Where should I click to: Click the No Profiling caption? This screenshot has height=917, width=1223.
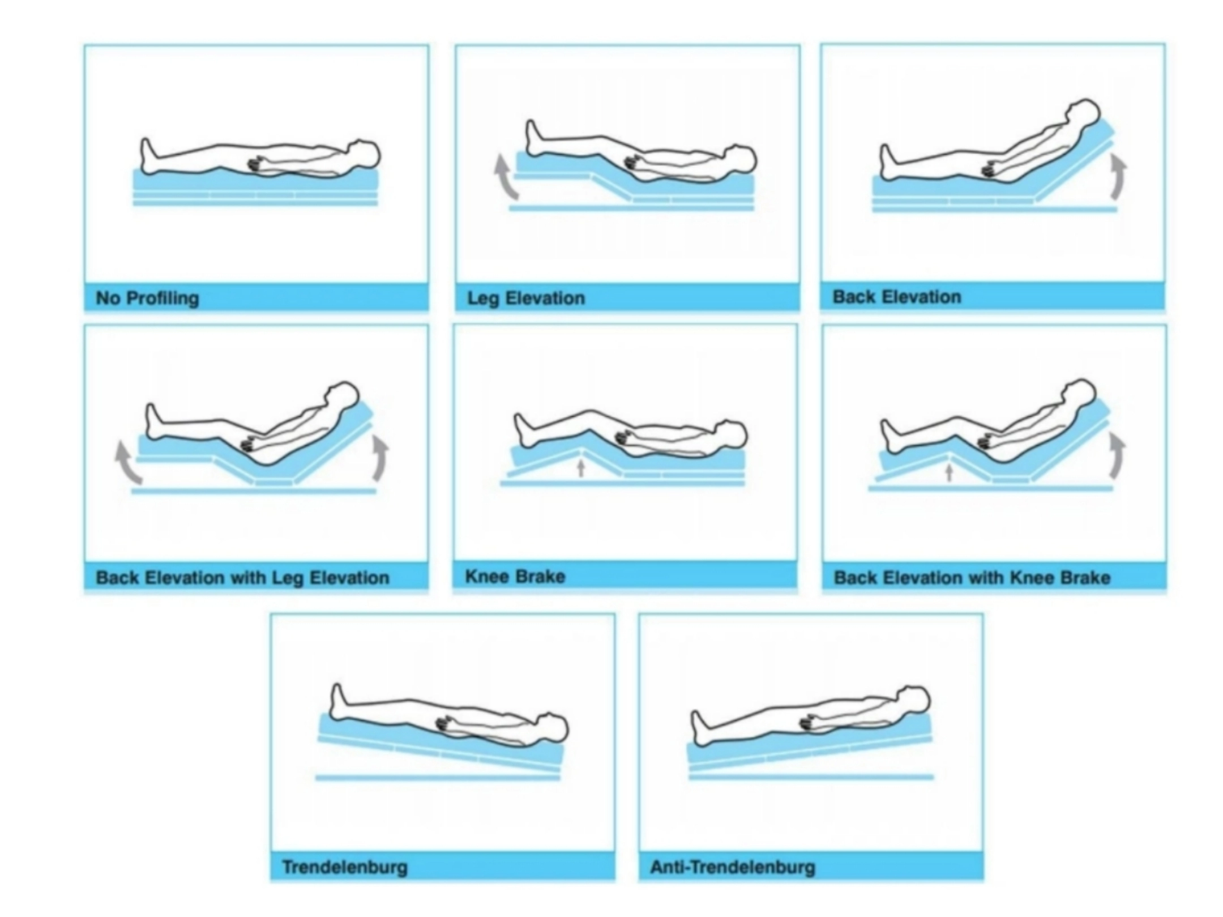[147, 298]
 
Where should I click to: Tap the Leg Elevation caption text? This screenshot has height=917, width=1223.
[526, 298]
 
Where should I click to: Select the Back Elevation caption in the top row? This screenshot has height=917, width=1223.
[897, 297]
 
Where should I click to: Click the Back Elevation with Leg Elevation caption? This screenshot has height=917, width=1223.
[243, 578]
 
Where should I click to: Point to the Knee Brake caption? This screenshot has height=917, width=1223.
[515, 577]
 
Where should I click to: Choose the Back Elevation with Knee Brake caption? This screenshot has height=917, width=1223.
[972, 578]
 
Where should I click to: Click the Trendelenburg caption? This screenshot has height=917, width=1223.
[345, 867]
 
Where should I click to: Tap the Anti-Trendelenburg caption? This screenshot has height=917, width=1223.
[733, 867]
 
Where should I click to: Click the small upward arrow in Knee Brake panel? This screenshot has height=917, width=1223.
[580, 468]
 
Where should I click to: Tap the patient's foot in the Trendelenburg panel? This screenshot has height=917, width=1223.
[338, 703]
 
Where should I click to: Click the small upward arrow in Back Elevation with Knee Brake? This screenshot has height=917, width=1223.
[950, 473]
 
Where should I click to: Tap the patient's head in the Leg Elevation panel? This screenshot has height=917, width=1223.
[739, 159]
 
